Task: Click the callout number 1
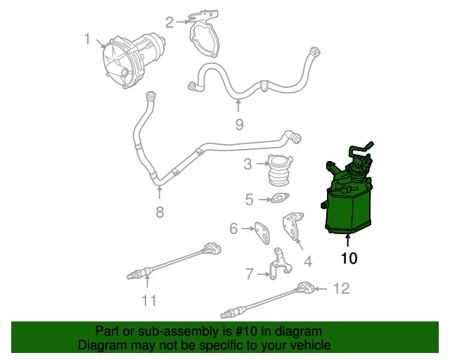pos(87,39)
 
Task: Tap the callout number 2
pos(169,22)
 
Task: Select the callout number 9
pos(239,124)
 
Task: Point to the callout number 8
pos(160,212)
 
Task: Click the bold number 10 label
pos(349,258)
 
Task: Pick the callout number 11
pos(148,300)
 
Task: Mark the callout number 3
pos(247,165)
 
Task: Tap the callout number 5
pos(250,200)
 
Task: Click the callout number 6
pos(234,228)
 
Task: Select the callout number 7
pos(249,274)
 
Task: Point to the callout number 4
pos(307,263)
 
